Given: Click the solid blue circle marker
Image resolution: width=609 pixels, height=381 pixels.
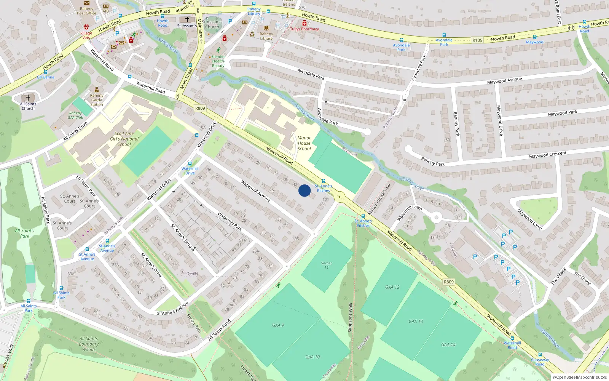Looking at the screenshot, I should [x=304, y=190].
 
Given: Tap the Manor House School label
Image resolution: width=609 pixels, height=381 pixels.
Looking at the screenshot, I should [x=304, y=143].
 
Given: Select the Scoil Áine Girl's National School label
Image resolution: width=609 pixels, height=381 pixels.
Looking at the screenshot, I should [x=124, y=139].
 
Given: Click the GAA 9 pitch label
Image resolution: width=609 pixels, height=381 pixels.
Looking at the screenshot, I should [x=278, y=325].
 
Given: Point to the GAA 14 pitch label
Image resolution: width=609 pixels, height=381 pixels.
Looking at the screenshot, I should [x=448, y=344].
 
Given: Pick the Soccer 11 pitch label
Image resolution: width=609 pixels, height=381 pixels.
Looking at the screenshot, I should [x=326, y=265].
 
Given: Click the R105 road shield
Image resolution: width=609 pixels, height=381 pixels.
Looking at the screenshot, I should [x=477, y=40].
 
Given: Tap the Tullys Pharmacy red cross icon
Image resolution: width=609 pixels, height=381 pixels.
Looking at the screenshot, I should [x=304, y=23].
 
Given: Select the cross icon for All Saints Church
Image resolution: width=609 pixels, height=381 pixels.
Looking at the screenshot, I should [x=28, y=98].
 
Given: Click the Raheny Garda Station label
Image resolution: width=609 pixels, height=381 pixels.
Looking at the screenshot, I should [x=97, y=100].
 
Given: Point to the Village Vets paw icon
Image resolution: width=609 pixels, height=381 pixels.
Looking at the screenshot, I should [x=86, y=27].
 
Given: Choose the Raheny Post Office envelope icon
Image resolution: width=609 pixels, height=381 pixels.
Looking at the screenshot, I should [x=87, y=3].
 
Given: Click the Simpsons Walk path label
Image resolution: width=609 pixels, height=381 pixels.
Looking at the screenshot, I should [x=350, y=317].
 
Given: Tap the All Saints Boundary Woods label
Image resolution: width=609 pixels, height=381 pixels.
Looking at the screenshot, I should [x=89, y=344].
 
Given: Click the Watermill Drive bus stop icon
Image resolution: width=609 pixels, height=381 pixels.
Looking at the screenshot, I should [x=190, y=164].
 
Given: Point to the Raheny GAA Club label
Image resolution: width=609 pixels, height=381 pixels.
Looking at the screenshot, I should [x=75, y=115].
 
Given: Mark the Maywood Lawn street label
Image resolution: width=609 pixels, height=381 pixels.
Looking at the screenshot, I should [x=529, y=219].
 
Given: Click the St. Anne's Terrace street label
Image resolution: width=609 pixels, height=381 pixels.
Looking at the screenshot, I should [x=183, y=237].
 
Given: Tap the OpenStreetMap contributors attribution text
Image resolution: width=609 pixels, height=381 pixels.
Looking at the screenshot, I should [x=579, y=377].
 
